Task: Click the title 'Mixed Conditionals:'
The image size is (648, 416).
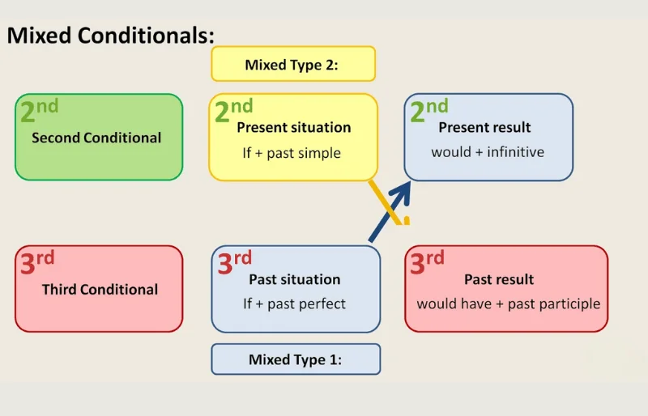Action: (x=111, y=36)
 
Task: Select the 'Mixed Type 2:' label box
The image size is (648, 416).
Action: (x=292, y=64)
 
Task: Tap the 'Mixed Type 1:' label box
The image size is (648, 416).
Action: (x=296, y=359)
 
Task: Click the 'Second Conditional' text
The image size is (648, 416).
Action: (x=96, y=138)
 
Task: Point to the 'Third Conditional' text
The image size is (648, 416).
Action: (x=100, y=289)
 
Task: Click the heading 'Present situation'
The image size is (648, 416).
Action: (x=294, y=127)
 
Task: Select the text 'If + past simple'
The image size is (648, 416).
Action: (x=292, y=152)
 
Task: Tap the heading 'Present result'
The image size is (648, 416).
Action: (x=484, y=127)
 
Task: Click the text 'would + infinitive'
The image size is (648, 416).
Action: (x=488, y=151)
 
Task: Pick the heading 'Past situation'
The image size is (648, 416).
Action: (x=294, y=279)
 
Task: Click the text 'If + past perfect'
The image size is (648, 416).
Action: (x=294, y=304)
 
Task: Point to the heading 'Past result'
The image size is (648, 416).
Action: (x=499, y=279)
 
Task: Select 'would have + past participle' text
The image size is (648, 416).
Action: (x=509, y=304)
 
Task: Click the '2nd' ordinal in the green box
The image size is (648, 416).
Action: (x=38, y=111)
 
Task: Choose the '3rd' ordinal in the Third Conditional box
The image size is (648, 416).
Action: (x=36, y=262)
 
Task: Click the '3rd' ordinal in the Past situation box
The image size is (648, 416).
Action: (x=234, y=262)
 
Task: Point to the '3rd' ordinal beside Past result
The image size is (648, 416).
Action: (x=427, y=262)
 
